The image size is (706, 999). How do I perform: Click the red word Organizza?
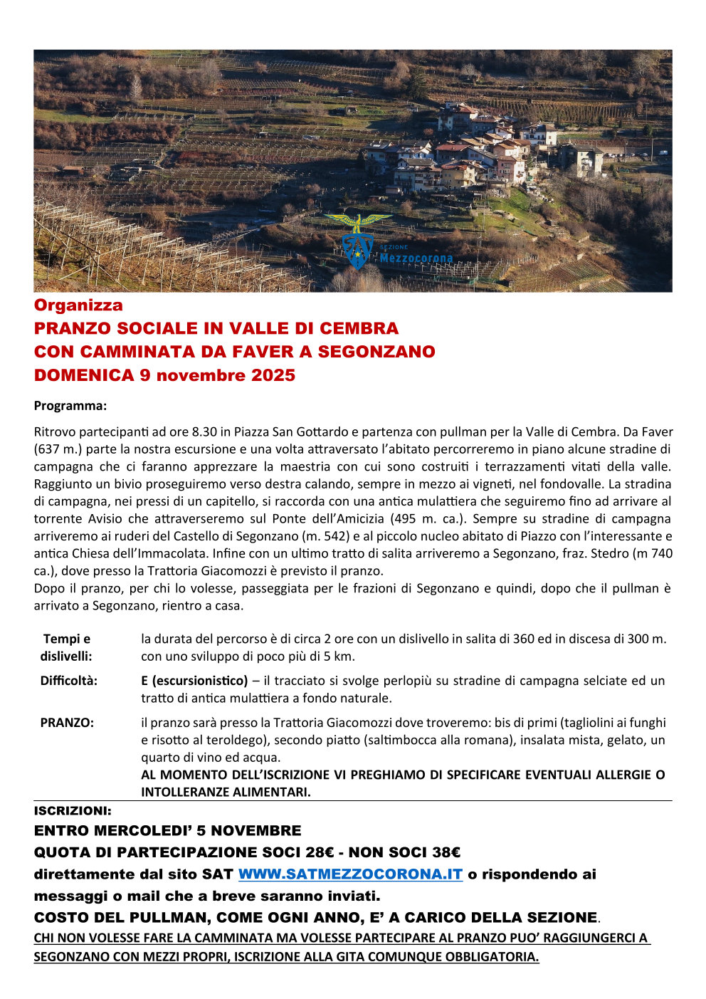pyautogui.click(x=78, y=305)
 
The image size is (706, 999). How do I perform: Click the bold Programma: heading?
pyautogui.click(x=70, y=406)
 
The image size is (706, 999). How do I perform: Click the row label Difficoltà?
pyautogui.click(x=68, y=681)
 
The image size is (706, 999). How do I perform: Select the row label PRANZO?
pyautogui.click(x=67, y=723)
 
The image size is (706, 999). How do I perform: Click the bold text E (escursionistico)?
pyautogui.click(x=194, y=681)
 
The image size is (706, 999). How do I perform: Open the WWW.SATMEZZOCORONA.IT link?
pyautogui.click(x=350, y=874)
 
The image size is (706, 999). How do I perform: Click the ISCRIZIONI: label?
pyautogui.click(x=73, y=811)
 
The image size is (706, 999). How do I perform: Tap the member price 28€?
pyautogui.click(x=324, y=852)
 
